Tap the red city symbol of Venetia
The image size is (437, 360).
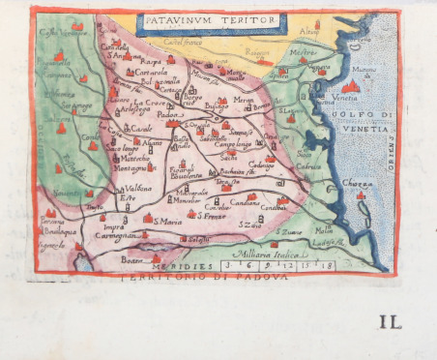click(352, 86)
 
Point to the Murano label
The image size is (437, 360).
click(364, 70)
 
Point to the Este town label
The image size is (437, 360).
click(127, 198)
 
